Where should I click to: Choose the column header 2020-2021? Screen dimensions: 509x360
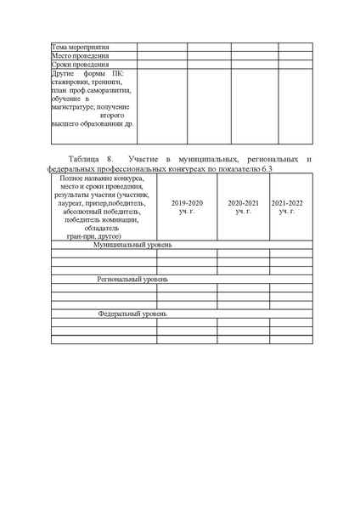[243, 203]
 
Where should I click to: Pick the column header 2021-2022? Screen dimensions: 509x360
[287, 203]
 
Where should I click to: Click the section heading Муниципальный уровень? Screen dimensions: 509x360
[132, 245]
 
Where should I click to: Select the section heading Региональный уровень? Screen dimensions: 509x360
[132, 279]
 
